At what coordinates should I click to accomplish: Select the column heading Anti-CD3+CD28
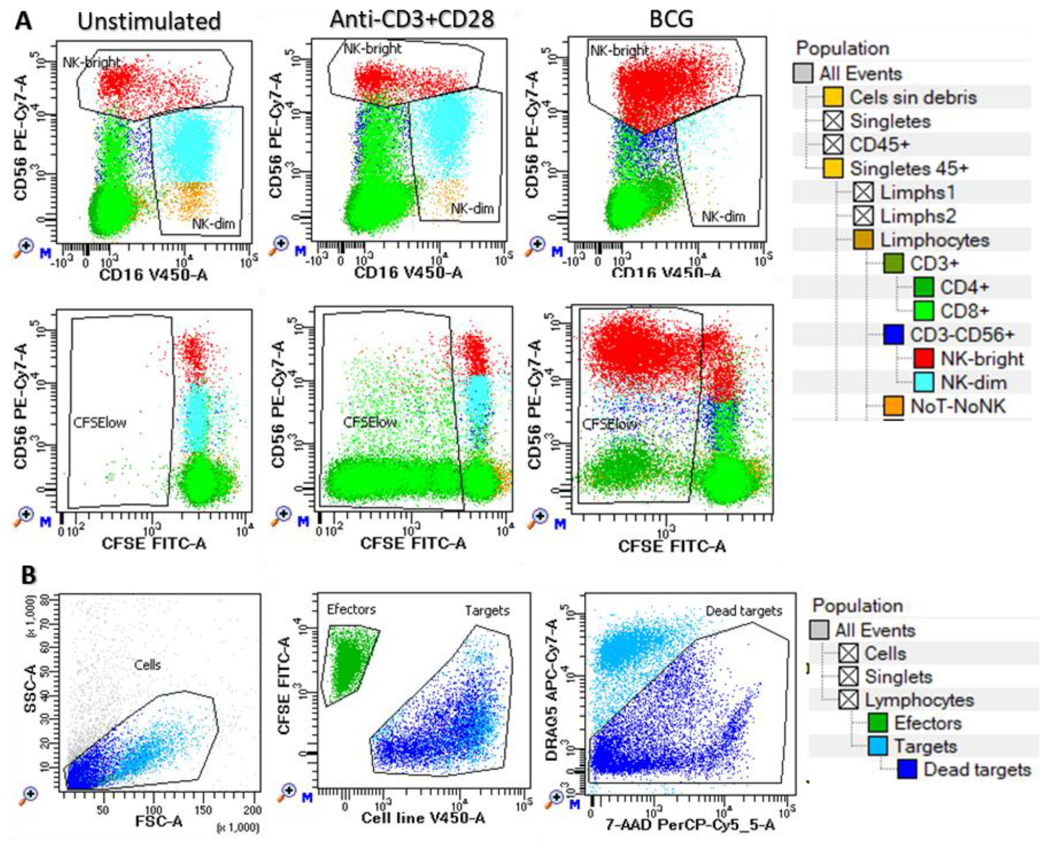(x=412, y=20)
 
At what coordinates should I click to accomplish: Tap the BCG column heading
(x=672, y=20)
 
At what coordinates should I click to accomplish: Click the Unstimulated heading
(x=149, y=22)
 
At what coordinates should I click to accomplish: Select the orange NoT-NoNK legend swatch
(x=894, y=406)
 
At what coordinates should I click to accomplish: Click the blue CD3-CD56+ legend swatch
(x=894, y=335)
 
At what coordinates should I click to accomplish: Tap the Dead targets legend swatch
(x=907, y=770)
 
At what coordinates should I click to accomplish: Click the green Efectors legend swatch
(x=878, y=723)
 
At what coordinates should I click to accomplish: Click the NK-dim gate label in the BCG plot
(x=723, y=216)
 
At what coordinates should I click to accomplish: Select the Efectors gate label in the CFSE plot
(x=351, y=609)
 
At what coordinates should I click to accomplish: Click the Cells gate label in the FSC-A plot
(x=147, y=665)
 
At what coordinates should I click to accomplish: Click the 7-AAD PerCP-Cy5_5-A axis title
(x=690, y=824)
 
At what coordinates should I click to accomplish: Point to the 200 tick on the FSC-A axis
(x=252, y=810)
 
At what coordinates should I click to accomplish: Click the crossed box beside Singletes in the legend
(x=833, y=121)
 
